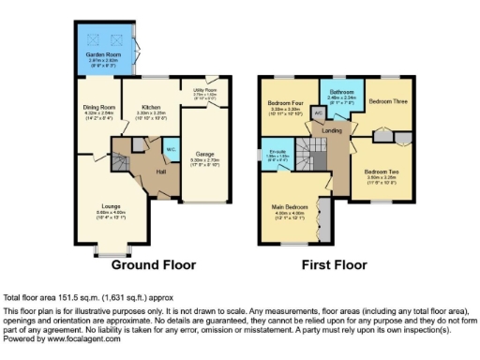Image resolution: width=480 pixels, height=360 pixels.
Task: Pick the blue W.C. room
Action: coord(172,151)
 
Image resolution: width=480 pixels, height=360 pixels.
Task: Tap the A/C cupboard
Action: coord(318,112)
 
